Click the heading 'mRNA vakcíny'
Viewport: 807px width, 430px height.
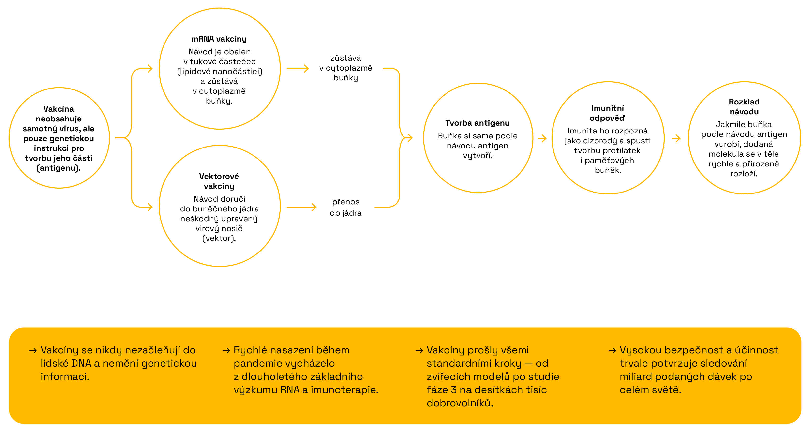pyautogui.click(x=219, y=39)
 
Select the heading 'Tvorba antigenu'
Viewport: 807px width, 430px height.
pyautogui.click(x=478, y=123)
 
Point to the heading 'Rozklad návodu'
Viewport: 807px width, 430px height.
pyautogui.click(x=744, y=107)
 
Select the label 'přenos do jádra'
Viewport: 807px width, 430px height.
pyautogui.click(x=345, y=207)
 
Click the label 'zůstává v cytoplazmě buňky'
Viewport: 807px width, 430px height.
pyautogui.click(x=345, y=68)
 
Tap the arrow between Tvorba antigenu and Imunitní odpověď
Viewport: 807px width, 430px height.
pyautogui.click(x=542, y=138)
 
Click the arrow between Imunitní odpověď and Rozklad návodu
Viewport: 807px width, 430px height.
pyautogui.click(x=676, y=138)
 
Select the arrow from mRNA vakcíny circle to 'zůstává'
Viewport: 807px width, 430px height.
pyautogui.click(x=298, y=69)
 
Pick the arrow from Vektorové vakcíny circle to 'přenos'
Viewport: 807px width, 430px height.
pyautogui.click(x=301, y=207)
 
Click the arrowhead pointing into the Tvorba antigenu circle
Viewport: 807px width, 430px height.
pyautogui.click(x=409, y=138)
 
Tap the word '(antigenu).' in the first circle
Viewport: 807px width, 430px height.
pyautogui.click(x=59, y=168)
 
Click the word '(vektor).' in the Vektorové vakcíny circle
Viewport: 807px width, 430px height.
pyautogui.click(x=219, y=238)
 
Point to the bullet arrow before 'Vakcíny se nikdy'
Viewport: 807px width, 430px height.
pyautogui.click(x=33, y=350)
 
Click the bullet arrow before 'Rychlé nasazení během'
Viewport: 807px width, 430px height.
pyautogui.click(x=226, y=350)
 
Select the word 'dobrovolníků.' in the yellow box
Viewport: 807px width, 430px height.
pyautogui.click(x=460, y=403)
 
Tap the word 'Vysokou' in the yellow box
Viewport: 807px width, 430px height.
pyautogui.click(x=641, y=350)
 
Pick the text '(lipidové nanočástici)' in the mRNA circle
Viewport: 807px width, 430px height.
pyautogui.click(x=220, y=71)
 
